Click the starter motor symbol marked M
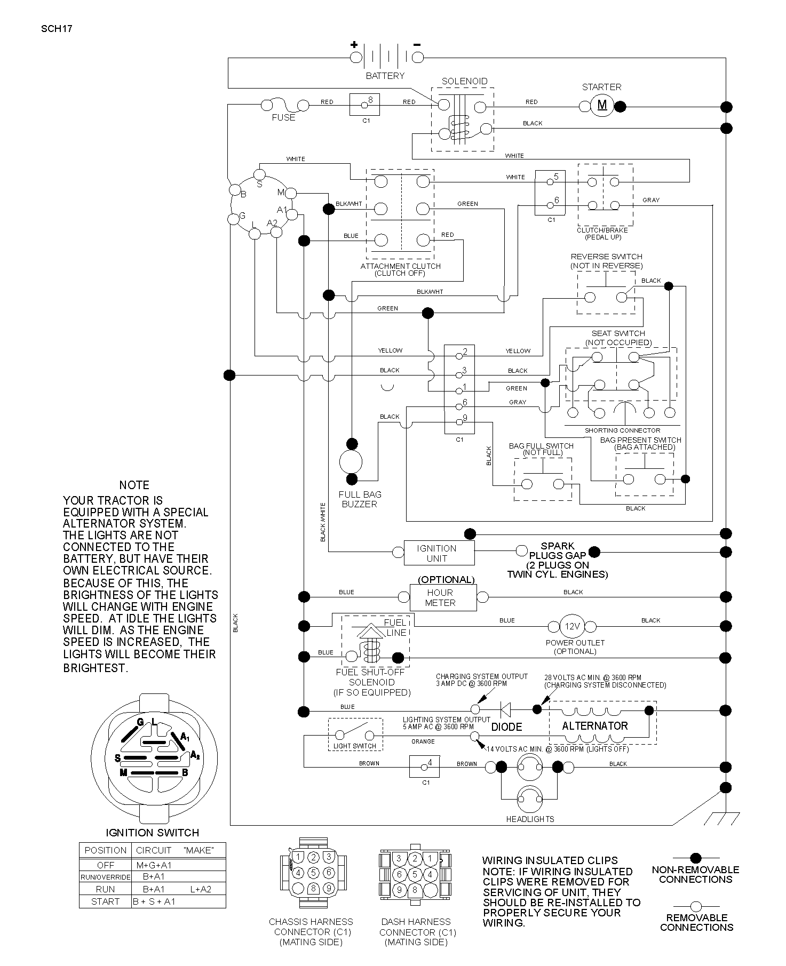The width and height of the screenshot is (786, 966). (602, 106)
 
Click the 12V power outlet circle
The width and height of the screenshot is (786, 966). (572, 626)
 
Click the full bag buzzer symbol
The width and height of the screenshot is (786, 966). (351, 461)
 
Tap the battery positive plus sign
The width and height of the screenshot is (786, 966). (354, 45)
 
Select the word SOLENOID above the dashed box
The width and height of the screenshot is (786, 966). (464, 81)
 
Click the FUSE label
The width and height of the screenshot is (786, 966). (283, 117)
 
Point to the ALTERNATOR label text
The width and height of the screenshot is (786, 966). (595, 726)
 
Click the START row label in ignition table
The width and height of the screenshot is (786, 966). (106, 901)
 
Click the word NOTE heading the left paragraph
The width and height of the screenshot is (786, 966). (134, 485)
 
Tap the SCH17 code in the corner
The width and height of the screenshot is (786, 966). (57, 28)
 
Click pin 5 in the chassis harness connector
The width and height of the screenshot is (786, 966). (314, 873)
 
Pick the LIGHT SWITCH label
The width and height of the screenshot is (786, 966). (355, 746)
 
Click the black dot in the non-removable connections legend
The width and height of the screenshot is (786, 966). (695, 858)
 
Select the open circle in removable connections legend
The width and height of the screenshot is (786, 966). (696, 906)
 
